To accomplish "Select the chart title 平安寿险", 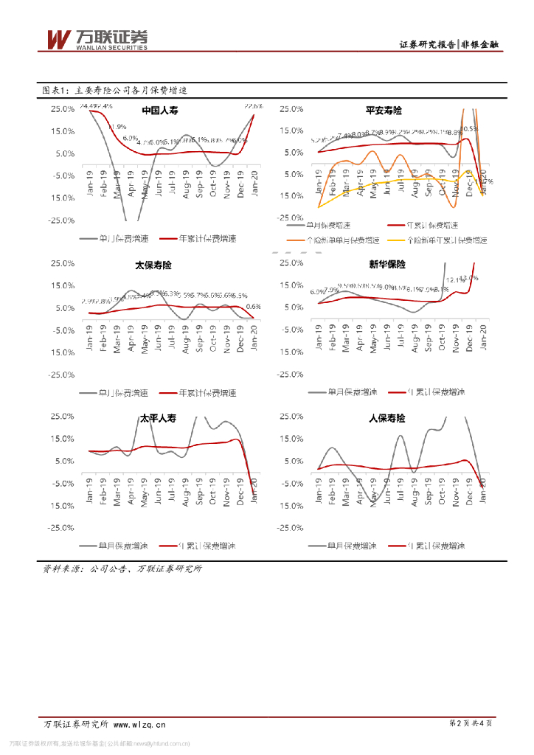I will [x=384, y=111].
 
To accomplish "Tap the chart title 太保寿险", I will [x=153, y=265].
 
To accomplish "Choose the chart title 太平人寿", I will [x=159, y=418].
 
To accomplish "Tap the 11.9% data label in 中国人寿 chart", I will [x=117, y=127].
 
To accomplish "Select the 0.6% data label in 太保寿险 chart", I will [x=253, y=307].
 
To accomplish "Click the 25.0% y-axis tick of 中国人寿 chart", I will [x=62, y=109].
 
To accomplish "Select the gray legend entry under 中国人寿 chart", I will [x=114, y=239].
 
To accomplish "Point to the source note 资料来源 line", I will [x=122, y=568].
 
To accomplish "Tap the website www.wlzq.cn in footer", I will [x=139, y=724].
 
